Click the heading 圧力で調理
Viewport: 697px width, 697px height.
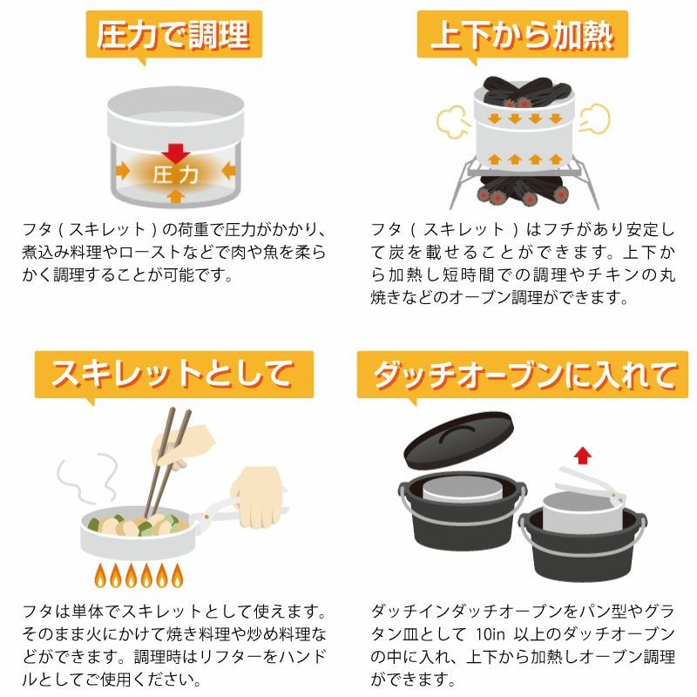point(173,35)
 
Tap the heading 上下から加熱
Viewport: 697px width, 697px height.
point(522,35)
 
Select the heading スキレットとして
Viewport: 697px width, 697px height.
point(173,375)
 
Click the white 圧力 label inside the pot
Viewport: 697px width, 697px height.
point(176,175)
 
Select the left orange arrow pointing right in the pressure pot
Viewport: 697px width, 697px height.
point(122,171)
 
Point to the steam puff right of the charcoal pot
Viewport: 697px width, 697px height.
point(595,118)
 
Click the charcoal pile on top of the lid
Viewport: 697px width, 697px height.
point(525,92)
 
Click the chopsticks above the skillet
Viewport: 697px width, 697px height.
point(168,463)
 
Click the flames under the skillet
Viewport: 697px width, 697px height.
point(139,575)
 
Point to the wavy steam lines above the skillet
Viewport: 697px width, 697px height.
point(88,478)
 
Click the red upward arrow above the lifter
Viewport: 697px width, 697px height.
point(582,456)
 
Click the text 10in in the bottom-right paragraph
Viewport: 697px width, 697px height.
point(491,634)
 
